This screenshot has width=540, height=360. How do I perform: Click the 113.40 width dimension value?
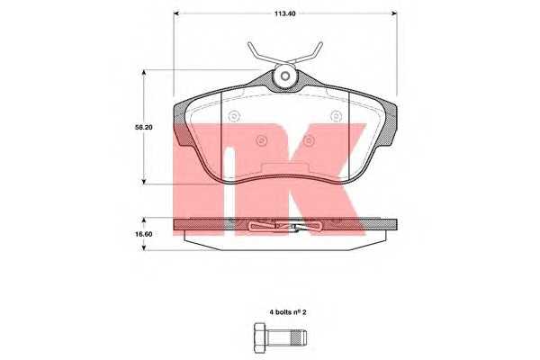click(284, 13)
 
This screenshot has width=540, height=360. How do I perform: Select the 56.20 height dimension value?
click(144, 127)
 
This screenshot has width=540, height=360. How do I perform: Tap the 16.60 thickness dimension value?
click(143, 234)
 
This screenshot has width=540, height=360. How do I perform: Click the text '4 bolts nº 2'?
click(288, 312)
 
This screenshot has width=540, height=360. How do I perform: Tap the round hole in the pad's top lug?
click(284, 76)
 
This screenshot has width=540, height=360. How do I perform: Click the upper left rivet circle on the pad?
click(234, 116)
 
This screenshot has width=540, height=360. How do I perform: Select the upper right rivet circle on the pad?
click(336, 116)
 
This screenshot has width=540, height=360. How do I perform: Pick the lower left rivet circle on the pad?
click(261, 140)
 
